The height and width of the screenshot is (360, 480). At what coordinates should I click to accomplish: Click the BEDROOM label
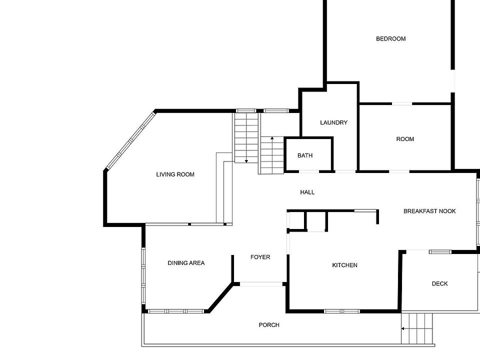pos(390,39)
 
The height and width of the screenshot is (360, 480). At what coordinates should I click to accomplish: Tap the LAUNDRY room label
pos(333,123)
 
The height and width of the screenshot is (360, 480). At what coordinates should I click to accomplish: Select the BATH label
pos(305,155)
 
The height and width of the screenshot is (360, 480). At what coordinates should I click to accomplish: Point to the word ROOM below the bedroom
pos(405,139)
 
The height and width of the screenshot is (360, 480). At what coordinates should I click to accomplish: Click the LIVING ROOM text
pos(175,174)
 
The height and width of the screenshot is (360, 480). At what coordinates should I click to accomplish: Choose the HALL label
pos(307,192)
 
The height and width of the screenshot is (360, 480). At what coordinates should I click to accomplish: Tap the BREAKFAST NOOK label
pos(429,211)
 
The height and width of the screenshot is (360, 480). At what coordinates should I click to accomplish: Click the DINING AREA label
pos(186,263)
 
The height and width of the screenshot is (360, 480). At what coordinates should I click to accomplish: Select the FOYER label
pos(260,257)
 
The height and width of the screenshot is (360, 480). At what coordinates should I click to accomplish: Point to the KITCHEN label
pos(344,265)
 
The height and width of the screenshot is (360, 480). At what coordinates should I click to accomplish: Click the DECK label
pos(439,284)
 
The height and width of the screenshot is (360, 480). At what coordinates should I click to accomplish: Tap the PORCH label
pos(269,325)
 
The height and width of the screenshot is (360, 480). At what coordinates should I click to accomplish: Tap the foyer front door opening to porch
pos(261,284)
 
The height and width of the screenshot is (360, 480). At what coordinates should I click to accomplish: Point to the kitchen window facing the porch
pos(341,311)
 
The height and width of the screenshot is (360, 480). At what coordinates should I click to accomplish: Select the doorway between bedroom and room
pos(402,104)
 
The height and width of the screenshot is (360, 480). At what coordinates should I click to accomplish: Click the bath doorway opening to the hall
pos(309,171)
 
